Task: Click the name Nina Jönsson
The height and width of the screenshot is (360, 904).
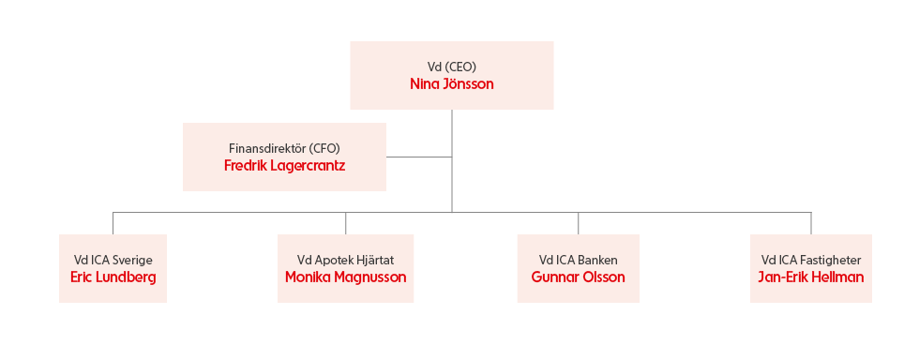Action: (451, 84)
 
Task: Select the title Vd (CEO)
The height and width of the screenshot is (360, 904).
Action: (451, 67)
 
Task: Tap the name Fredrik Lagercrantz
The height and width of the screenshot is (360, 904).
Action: (284, 166)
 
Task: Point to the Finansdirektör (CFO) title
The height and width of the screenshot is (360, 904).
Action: (284, 149)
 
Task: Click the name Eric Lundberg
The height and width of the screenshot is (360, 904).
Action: (113, 277)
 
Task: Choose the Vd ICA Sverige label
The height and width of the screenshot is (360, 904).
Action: (113, 260)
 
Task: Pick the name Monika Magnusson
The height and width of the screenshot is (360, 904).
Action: (345, 277)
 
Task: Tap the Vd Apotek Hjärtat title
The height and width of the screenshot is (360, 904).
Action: (345, 260)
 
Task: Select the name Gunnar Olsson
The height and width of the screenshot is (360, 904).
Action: (579, 277)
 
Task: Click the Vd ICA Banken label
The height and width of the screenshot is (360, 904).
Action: (579, 260)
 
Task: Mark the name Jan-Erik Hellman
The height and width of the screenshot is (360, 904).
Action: (810, 277)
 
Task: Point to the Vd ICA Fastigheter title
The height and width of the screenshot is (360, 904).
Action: (810, 260)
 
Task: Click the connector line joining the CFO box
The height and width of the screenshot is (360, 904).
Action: (419, 157)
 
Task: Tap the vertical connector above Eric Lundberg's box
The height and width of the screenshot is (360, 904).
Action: (113, 223)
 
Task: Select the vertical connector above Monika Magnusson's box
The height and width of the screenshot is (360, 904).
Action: (345, 223)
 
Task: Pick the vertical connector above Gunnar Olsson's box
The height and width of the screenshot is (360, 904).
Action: (579, 223)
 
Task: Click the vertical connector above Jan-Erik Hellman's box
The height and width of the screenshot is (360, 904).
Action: (811, 223)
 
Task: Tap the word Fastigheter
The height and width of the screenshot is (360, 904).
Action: (834, 260)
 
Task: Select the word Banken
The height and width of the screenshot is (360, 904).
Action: (599, 260)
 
